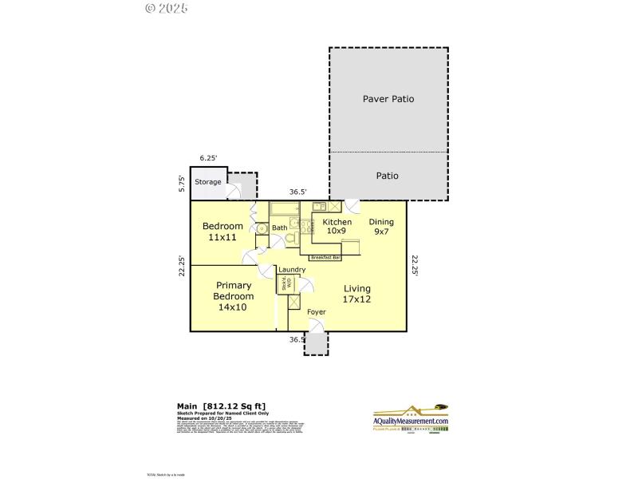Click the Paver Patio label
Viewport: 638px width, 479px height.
(388, 99)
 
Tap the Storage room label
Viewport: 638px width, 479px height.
(208, 182)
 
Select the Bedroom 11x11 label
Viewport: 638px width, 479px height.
(223, 232)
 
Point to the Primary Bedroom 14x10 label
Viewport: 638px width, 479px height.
(234, 296)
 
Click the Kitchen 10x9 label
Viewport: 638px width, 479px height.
(337, 226)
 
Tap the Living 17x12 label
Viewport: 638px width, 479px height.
(357, 294)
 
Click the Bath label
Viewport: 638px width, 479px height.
(279, 228)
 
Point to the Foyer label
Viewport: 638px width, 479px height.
(317, 311)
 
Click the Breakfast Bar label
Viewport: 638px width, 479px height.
(325, 258)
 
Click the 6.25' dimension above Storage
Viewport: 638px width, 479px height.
(209, 159)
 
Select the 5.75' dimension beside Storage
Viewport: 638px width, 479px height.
(183, 183)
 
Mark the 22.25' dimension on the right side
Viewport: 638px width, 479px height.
(415, 264)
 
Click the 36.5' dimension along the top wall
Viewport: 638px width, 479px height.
(297, 192)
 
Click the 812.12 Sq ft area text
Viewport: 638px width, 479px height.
(232, 406)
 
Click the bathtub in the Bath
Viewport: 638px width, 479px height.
(284, 209)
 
